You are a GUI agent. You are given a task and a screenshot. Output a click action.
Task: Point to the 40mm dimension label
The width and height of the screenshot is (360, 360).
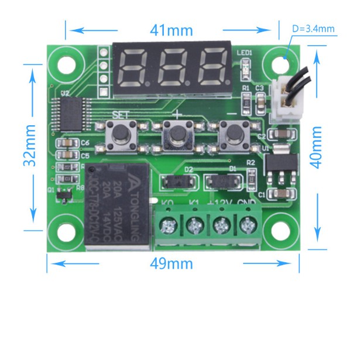click(317, 147)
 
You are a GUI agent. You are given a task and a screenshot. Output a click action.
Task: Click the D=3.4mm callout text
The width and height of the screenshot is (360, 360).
click(313, 28)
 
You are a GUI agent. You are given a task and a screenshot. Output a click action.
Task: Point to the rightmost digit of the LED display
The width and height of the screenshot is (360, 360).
click(212, 66)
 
